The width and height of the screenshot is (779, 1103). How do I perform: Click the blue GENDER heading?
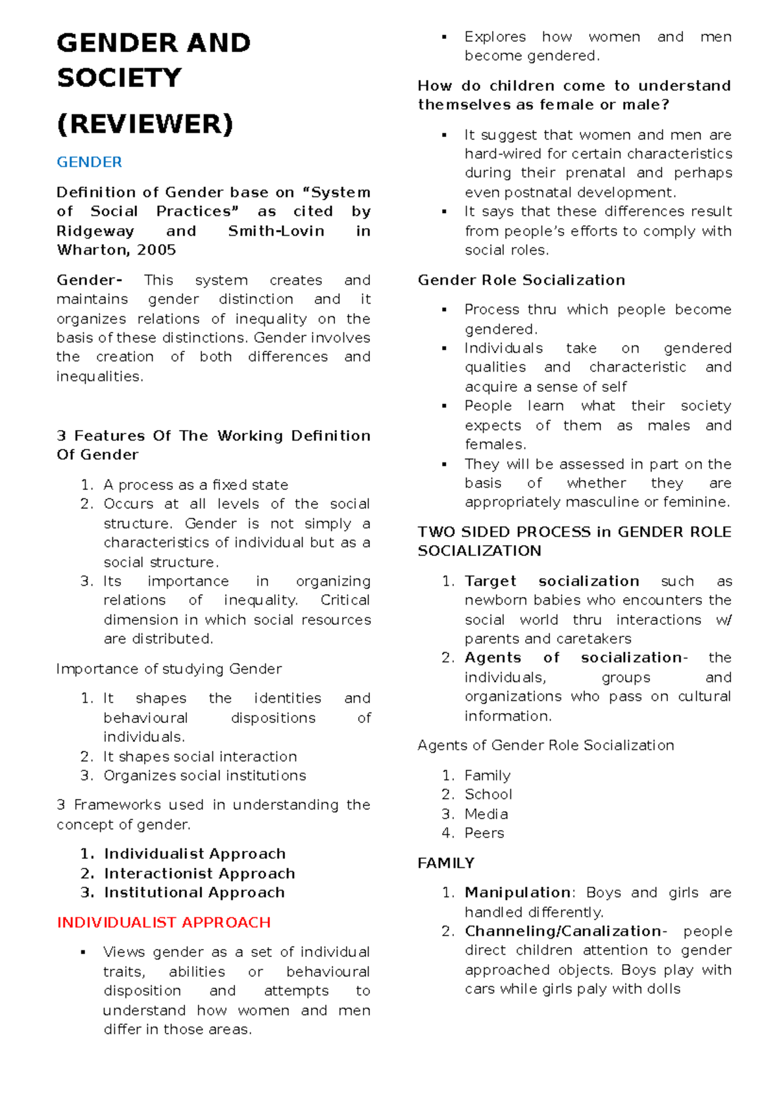(89, 162)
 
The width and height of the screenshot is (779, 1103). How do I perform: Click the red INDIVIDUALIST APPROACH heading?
(164, 922)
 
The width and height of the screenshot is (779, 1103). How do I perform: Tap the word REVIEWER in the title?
(145, 123)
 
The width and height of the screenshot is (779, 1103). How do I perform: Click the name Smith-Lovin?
(276, 231)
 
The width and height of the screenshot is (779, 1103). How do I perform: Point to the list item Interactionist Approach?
(199, 873)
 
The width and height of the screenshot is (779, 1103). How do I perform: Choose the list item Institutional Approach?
(194, 893)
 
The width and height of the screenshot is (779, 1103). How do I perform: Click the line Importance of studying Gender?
(169, 669)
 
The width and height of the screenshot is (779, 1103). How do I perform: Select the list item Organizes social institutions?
(204, 776)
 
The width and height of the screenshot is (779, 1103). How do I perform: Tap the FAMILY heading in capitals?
(446, 863)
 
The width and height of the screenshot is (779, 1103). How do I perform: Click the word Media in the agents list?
(486, 814)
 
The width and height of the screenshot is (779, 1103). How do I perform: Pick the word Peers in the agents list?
(484, 833)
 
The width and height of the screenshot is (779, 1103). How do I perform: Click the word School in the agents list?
(488, 794)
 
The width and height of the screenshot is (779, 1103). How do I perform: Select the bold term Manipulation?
(517, 893)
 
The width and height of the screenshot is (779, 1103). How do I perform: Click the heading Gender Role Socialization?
(521, 280)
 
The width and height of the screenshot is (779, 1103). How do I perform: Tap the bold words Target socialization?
(552, 581)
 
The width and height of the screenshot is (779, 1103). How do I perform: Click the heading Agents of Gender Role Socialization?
(545, 745)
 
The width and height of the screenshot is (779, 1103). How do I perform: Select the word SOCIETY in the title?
(119, 78)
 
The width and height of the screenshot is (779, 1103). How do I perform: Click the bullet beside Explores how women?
(444, 38)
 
